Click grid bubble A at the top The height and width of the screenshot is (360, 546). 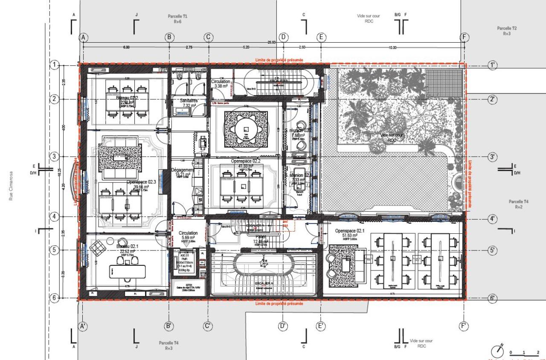(x=84, y=37)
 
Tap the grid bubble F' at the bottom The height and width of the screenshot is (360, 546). (x=464, y=326)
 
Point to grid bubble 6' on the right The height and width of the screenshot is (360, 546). (x=493, y=298)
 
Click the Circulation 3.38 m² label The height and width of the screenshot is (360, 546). (x=221, y=84)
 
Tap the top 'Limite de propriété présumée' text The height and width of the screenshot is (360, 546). (x=279, y=61)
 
